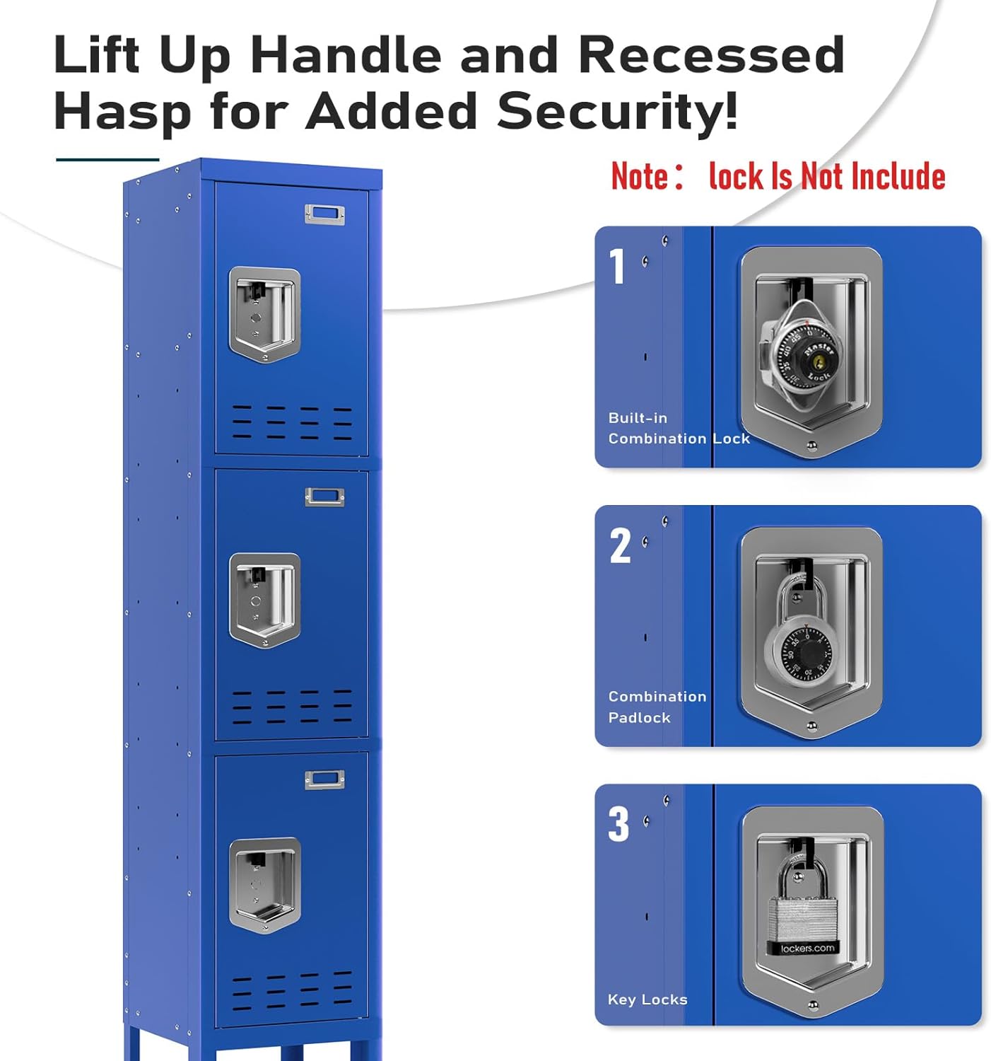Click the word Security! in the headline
point(617,111)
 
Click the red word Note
point(640,176)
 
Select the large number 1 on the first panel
point(618,267)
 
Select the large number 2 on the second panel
point(620,546)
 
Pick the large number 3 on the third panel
point(618,825)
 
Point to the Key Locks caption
point(647,999)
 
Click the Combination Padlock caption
point(657,707)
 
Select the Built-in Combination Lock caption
point(678,428)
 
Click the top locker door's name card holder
point(324,214)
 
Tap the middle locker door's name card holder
point(324,497)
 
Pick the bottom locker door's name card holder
point(324,779)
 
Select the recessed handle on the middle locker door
point(264,600)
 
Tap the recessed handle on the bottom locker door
point(264,885)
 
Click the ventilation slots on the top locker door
point(292,422)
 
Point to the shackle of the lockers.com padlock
point(802,873)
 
